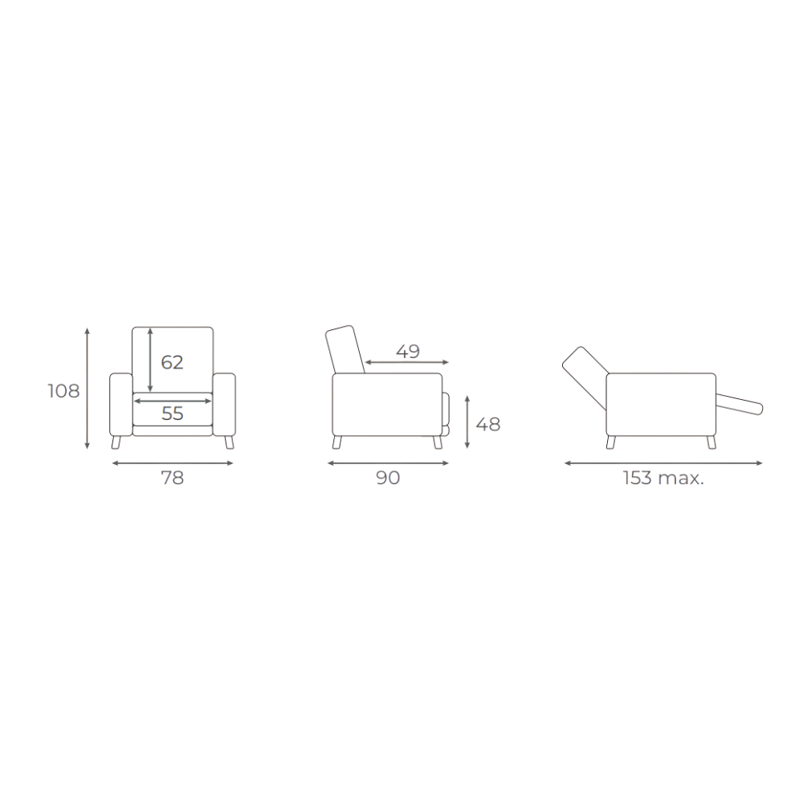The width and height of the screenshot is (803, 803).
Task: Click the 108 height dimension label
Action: [63, 391]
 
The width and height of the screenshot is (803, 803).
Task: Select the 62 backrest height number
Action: [172, 363]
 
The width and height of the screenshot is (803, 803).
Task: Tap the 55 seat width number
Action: [172, 414]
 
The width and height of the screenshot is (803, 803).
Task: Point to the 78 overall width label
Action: [172, 478]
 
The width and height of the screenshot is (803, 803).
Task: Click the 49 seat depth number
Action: [408, 352]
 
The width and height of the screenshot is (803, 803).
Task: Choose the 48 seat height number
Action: [488, 425]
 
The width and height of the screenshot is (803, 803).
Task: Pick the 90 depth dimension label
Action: [388, 478]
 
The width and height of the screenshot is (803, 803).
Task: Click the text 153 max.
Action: [663, 478]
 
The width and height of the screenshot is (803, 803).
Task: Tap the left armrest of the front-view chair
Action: [121, 405]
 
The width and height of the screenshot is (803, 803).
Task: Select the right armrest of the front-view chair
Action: [224, 405]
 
